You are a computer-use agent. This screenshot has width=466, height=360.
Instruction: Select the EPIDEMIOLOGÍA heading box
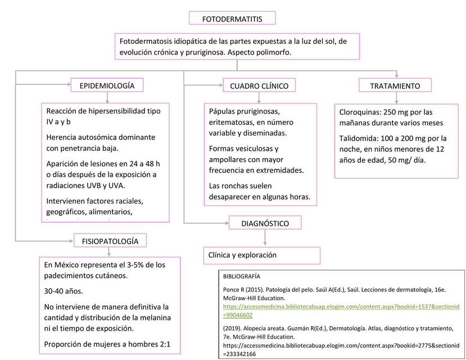point(107,85)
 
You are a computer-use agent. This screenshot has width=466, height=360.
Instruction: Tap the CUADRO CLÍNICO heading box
point(259,86)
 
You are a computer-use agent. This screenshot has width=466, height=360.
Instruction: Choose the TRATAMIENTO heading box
point(395,86)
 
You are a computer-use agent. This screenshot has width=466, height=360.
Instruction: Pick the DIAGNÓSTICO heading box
point(265,223)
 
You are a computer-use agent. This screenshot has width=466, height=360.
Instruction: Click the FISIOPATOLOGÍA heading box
point(110,241)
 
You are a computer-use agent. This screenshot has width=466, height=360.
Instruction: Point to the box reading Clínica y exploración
point(242,255)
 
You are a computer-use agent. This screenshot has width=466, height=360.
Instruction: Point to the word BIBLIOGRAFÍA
point(242,277)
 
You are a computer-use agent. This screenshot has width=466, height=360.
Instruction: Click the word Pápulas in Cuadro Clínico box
point(223,111)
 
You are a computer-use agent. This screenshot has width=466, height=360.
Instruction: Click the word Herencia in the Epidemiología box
point(64,137)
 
